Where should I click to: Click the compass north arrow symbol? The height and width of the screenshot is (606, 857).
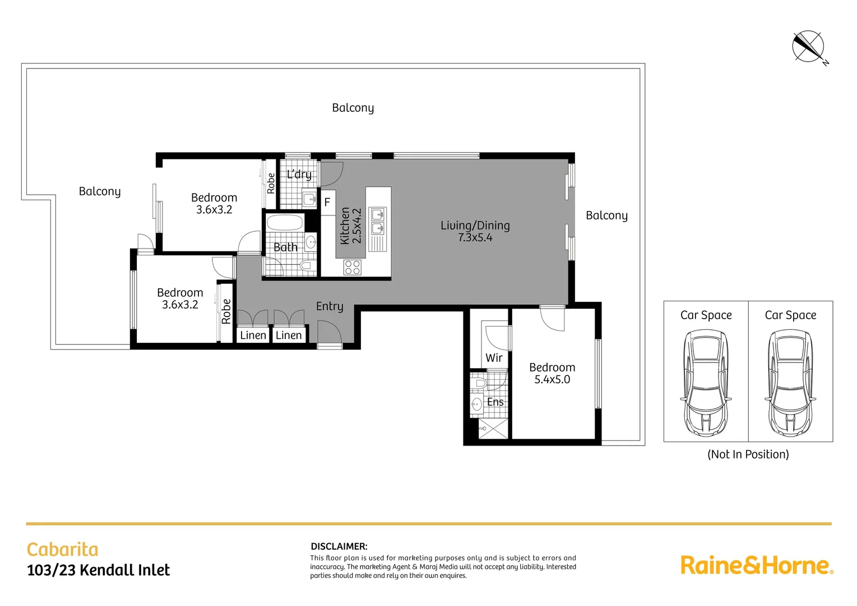[x=808, y=47]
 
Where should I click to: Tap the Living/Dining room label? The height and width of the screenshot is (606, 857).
[x=475, y=226]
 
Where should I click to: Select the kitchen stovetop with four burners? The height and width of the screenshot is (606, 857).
[x=353, y=267]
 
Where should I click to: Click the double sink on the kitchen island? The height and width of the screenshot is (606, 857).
[x=378, y=221]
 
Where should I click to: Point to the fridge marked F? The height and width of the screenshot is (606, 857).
[x=327, y=203]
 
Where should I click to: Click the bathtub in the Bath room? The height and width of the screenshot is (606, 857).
[x=285, y=223]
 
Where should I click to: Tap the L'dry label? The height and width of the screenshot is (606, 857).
[x=299, y=175]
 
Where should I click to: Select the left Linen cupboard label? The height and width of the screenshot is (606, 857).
[x=253, y=336]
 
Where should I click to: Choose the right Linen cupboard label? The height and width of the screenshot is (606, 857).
[x=289, y=336]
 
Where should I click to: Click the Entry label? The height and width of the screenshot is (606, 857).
[x=329, y=306]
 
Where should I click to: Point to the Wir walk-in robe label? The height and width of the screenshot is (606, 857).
[x=494, y=358]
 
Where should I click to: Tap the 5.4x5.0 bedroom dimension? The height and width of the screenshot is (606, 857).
[x=552, y=380]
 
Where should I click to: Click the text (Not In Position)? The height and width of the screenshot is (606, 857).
[x=748, y=454]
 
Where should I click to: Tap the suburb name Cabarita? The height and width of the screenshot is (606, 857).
[x=63, y=549]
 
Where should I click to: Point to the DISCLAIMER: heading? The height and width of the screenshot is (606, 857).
[x=339, y=546]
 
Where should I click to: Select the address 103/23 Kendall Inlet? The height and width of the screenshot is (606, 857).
[x=99, y=570]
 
